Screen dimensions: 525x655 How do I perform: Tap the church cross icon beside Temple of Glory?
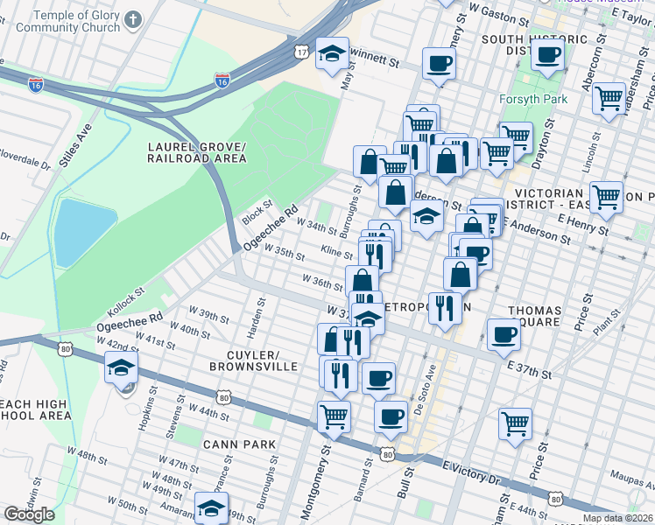(132, 19)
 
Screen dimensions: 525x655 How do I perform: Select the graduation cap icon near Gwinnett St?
(333, 54)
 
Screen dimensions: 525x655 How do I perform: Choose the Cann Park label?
(239, 444)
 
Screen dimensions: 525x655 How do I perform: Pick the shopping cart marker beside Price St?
(515, 424)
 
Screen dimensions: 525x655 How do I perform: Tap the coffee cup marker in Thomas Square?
(504, 335)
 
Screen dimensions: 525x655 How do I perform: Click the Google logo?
(29, 514)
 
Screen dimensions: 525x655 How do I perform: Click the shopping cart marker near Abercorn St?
(608, 99)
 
